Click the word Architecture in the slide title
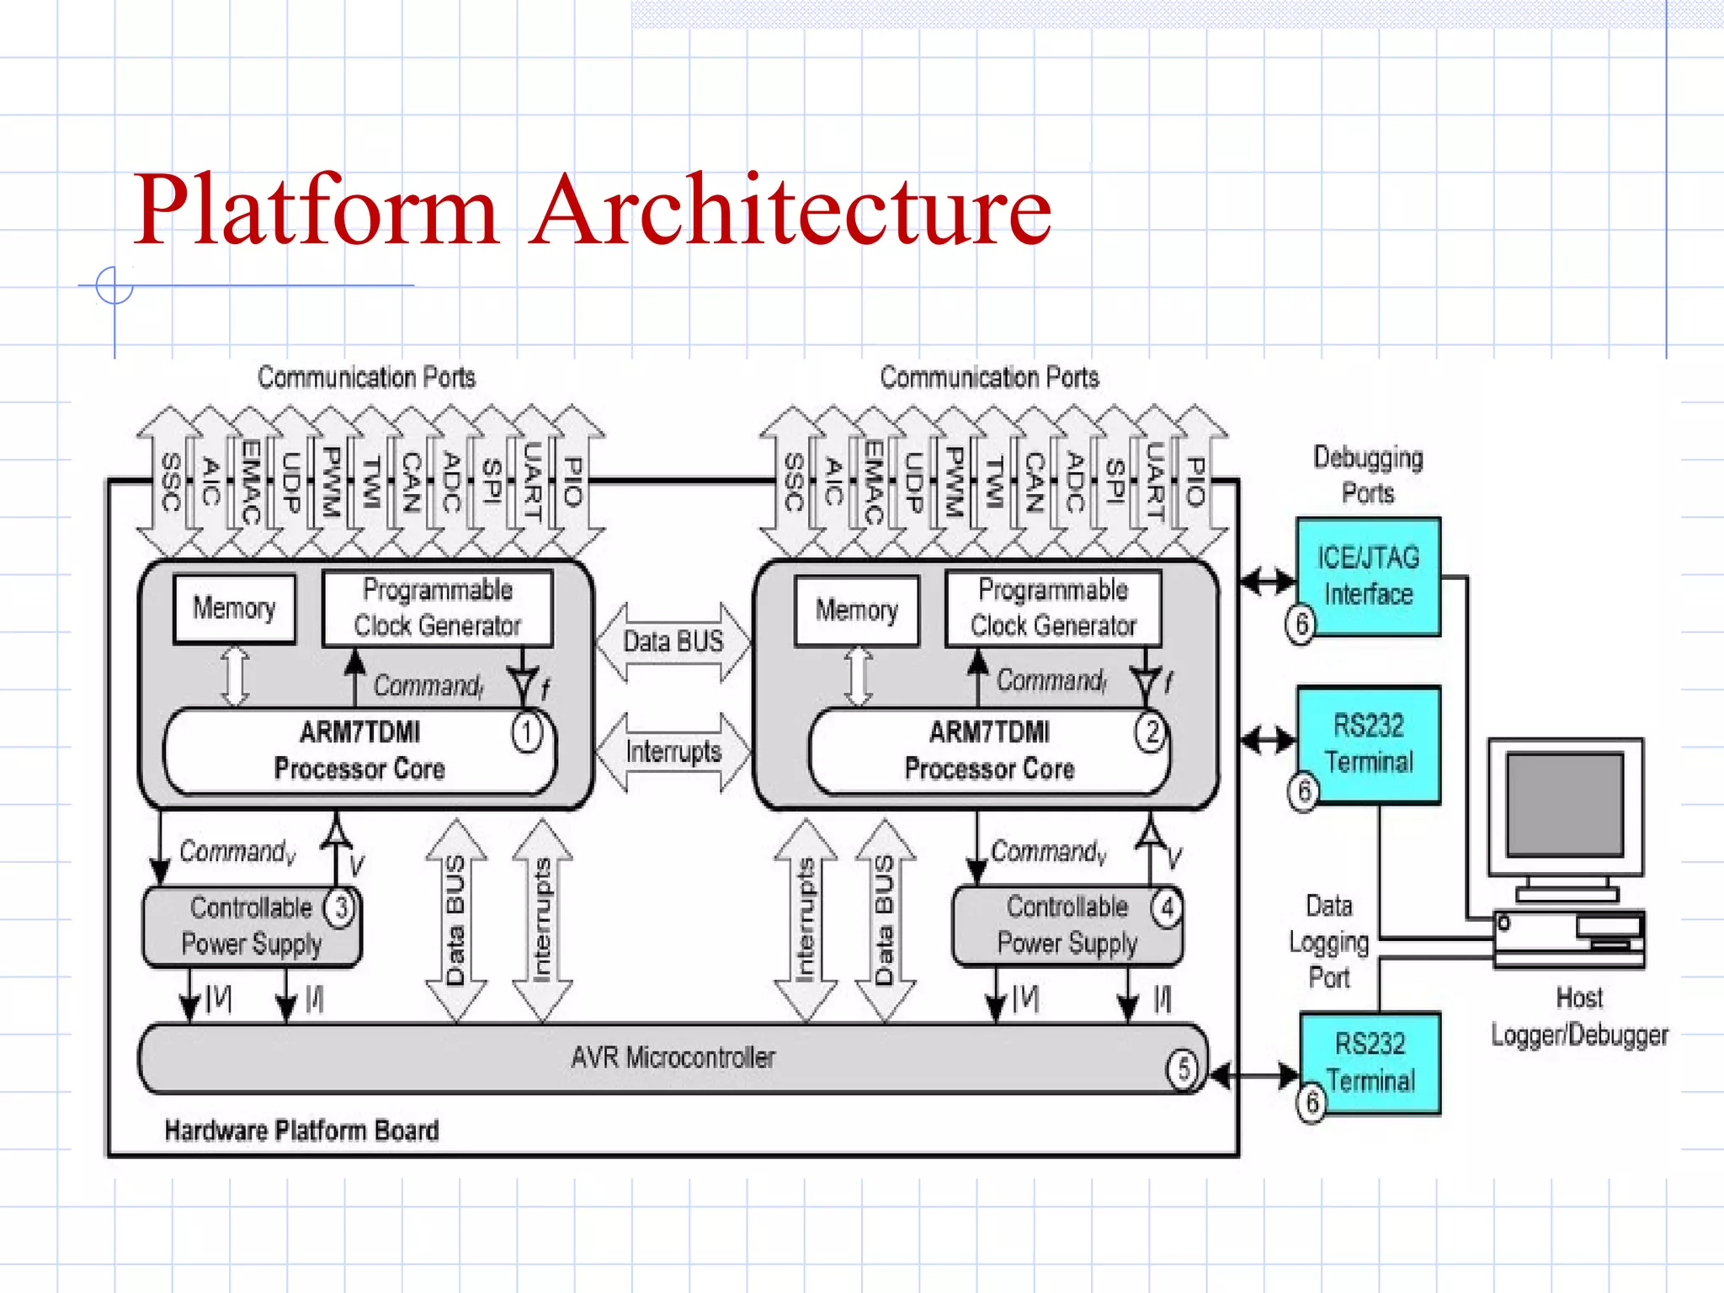pyautogui.click(x=791, y=210)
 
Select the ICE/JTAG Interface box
pyautogui.click(x=1368, y=576)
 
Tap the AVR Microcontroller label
pyautogui.click(x=673, y=1057)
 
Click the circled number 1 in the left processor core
pyautogui.click(x=527, y=732)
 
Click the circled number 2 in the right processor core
pyautogui.click(x=1151, y=732)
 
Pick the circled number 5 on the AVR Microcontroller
pyautogui.click(x=1182, y=1069)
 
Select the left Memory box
pyautogui.click(x=234, y=608)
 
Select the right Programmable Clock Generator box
pyautogui.click(x=1053, y=608)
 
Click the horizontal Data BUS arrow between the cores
pyautogui.click(x=673, y=641)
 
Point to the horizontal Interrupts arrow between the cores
pyautogui.click(x=673, y=752)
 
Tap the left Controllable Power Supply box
pyautogui.click(x=251, y=926)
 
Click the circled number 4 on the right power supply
pyautogui.click(x=1167, y=908)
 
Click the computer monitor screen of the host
pyautogui.click(x=1564, y=805)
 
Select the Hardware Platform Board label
pyautogui.click(x=301, y=1131)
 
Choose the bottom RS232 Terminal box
pyautogui.click(x=1370, y=1062)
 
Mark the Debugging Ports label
pyautogui.click(x=1368, y=475)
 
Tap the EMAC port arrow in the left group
pyautogui.click(x=250, y=482)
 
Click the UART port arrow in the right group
pyautogui.click(x=1155, y=482)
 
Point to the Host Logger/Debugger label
pyautogui.click(x=1579, y=1017)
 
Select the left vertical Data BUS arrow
pyautogui.click(x=455, y=920)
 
